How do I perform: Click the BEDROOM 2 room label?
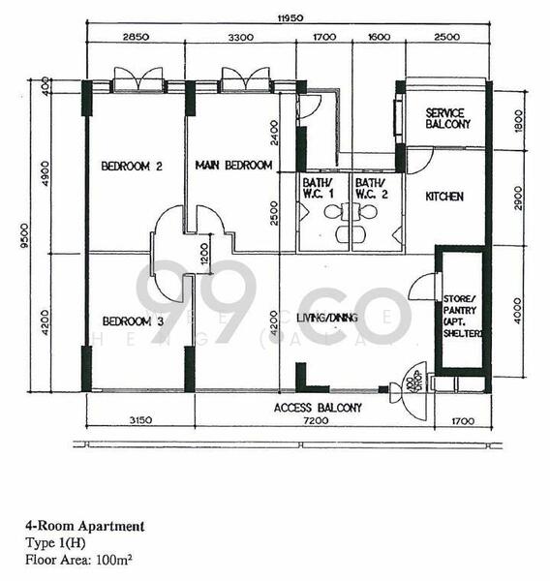click(x=132, y=167)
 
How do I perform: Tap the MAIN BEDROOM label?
click(x=233, y=166)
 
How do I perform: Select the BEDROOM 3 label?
click(x=132, y=321)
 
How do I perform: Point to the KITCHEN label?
click(x=444, y=197)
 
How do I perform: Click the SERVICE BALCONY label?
click(x=447, y=119)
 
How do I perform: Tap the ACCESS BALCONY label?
click(x=319, y=408)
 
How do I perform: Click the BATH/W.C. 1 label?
click(x=316, y=188)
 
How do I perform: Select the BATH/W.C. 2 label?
click(x=369, y=188)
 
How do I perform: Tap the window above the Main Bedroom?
click(x=238, y=79)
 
